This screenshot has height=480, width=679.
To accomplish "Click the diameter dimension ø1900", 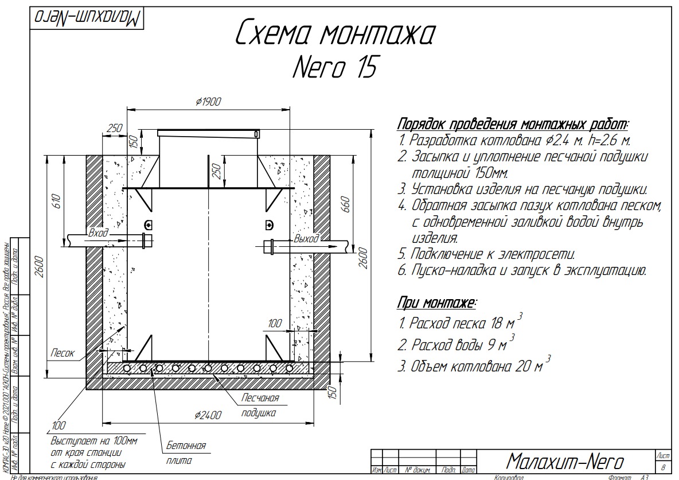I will pos(208,102).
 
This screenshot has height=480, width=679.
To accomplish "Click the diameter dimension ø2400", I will pos(208,415).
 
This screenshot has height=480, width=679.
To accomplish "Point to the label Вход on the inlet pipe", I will pos(98,233).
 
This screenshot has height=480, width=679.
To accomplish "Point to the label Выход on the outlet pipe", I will pos(306,238).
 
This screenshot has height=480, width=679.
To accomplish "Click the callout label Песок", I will pos(62,354).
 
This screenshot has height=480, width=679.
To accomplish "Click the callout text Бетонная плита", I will pos(185,453).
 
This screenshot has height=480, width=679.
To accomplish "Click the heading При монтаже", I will pos(438,303).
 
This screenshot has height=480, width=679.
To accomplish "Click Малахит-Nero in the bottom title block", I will pos(565,460).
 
